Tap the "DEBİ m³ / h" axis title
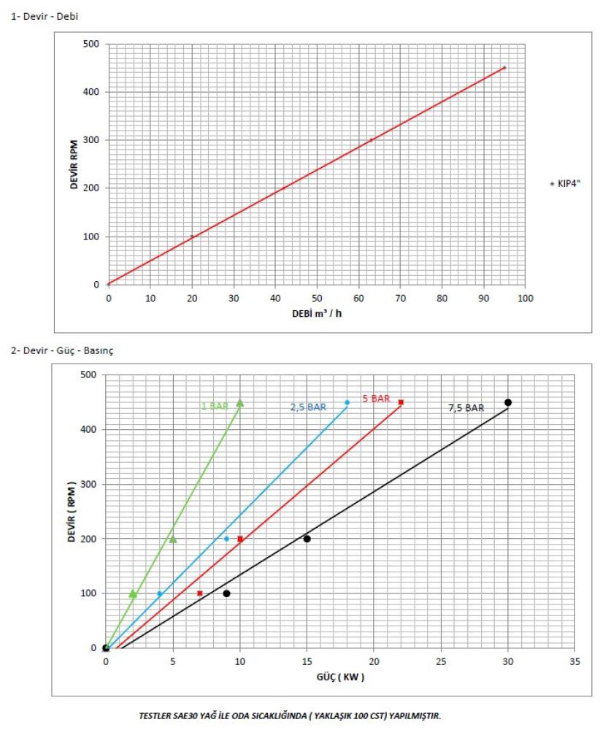tap(317, 312)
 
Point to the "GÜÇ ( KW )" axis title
tap(340, 677)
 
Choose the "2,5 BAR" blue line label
tap(308, 407)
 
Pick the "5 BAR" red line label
tap(376, 399)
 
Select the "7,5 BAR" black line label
tap(466, 409)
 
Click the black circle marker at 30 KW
tap(508, 402)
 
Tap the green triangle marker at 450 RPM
tap(239, 402)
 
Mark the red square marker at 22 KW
tap(401, 402)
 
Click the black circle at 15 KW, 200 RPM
tap(307, 539)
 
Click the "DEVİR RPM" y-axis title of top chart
tap(74, 164)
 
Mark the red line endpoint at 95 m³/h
tap(504, 68)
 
